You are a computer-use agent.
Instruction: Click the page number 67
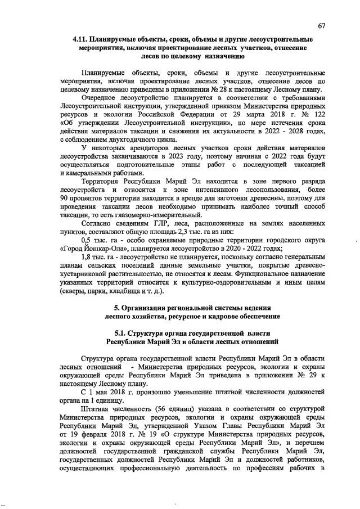point(321,26)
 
